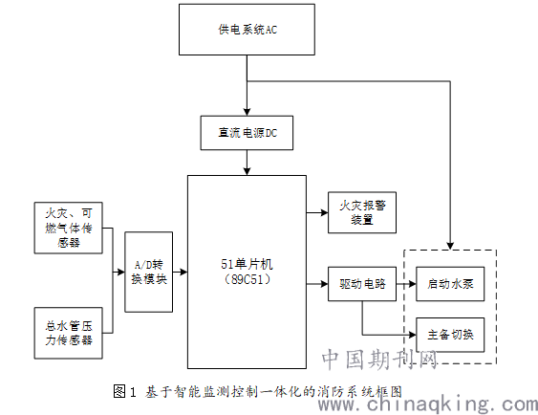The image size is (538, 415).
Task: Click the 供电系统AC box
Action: pyautogui.click(x=247, y=30)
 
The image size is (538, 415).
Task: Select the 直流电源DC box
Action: pyautogui.click(x=247, y=133)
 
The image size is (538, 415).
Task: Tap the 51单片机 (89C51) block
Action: pyautogui.click(x=247, y=272)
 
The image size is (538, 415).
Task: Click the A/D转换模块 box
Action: pyautogui.click(x=148, y=272)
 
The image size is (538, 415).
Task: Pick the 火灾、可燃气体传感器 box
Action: pyautogui.click(x=68, y=228)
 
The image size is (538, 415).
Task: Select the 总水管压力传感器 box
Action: pyautogui.click(x=68, y=333)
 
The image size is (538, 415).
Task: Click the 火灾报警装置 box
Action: pyautogui.click(x=362, y=212)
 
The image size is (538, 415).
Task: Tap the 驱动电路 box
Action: pyautogui.click(x=362, y=284)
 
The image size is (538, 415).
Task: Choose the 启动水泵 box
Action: pyautogui.click(x=450, y=284)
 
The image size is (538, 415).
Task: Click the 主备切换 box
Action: pyautogui.click(x=450, y=335)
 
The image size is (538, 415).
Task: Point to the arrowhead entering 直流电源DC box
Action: pyautogui.click(x=247, y=112)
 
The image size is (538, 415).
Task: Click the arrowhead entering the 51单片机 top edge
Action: pyautogui.click(x=247, y=171)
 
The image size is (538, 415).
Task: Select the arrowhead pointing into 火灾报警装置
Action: pyautogui.click(x=324, y=212)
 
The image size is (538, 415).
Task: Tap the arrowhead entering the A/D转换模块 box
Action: pyautogui.click(x=120, y=272)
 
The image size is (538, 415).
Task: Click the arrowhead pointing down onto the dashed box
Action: pyautogui.click(x=450, y=246)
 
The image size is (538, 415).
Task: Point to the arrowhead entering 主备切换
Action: pyautogui.click(x=413, y=335)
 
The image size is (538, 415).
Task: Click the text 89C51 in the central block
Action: pyautogui.click(x=247, y=279)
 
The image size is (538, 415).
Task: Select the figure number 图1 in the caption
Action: pyautogui.click(x=124, y=392)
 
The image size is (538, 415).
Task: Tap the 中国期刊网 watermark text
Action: pyautogui.click(x=379, y=360)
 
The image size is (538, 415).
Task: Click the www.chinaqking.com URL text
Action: pyautogui.click(x=427, y=404)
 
